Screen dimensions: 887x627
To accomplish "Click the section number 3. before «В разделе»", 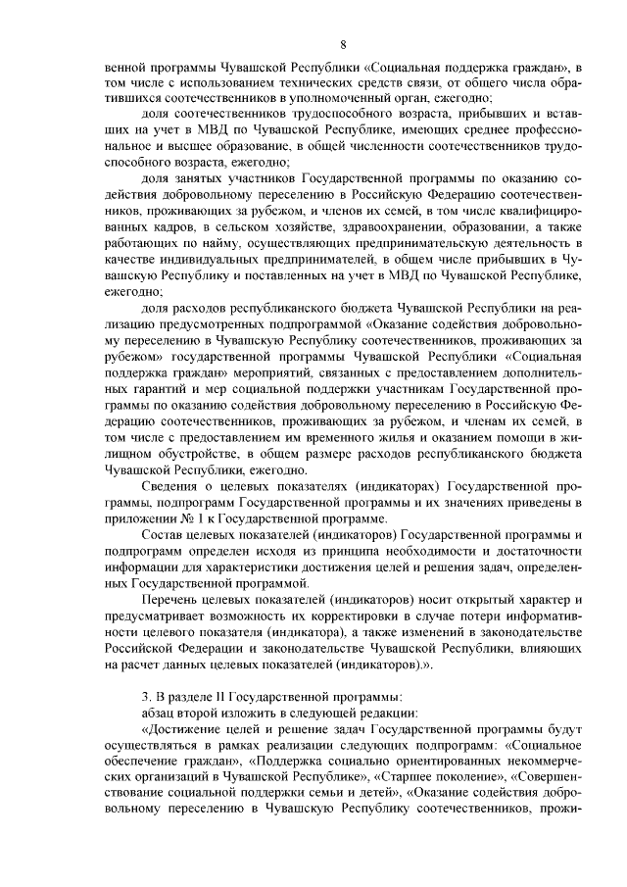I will point(147,697).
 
